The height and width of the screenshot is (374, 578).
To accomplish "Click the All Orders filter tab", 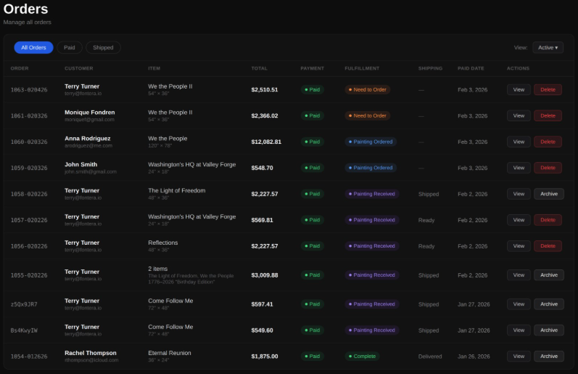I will pos(33,47).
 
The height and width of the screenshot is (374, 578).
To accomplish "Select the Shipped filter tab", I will pos(103,47).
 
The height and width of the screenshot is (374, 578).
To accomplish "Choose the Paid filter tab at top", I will pos(69,47).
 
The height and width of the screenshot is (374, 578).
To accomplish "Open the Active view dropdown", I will pos(548,47).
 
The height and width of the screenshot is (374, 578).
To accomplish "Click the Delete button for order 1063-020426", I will pos(548,89).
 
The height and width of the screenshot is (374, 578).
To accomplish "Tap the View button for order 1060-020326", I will pos(518,142).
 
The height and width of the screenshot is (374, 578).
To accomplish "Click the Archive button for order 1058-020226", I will pos(548,194).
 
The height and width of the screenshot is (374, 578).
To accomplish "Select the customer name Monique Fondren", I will pos(89,113).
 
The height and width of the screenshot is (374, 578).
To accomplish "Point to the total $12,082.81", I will pos(266,142).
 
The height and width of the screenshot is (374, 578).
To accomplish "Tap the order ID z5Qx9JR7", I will pos(24,304).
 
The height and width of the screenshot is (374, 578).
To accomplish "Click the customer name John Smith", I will pos(80,165).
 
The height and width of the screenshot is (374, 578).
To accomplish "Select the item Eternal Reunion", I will pos(170,353).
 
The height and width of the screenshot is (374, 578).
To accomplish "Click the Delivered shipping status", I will pos(431,357).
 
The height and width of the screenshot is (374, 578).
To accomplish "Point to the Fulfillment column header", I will pos(362,68).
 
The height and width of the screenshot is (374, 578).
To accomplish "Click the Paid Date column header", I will pos(471,68).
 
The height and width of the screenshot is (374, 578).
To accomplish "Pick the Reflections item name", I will pos(162,243).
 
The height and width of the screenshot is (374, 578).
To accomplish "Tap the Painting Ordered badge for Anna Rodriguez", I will pos(371,142).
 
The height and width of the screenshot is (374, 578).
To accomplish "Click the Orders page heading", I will pos(25,9).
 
